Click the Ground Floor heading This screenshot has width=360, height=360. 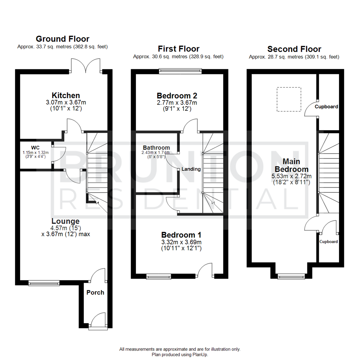pos(62,39)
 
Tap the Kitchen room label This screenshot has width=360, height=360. pos(66,95)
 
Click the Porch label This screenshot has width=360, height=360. pos(95,292)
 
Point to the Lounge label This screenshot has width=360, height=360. pos(65,221)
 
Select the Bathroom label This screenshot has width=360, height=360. pos(156,147)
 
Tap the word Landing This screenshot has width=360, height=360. pos(191,169)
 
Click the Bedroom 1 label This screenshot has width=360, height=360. pos(181,235)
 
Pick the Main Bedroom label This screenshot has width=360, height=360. pos(291,165)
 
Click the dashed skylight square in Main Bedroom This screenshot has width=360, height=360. pos(289,99)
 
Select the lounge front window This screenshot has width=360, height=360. pos(44,283)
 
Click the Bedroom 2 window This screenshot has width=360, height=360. pos(180,70)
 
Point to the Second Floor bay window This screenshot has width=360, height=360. pos(291,276)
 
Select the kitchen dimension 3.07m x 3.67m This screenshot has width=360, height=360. pos(66,102)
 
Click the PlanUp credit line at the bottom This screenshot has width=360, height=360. pos(180,355)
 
